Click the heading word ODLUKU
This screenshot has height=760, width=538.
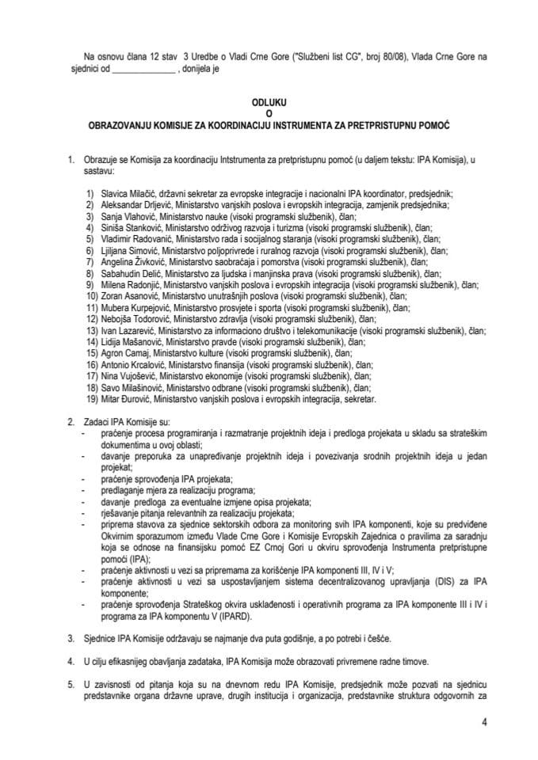pyautogui.click(x=269, y=102)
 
